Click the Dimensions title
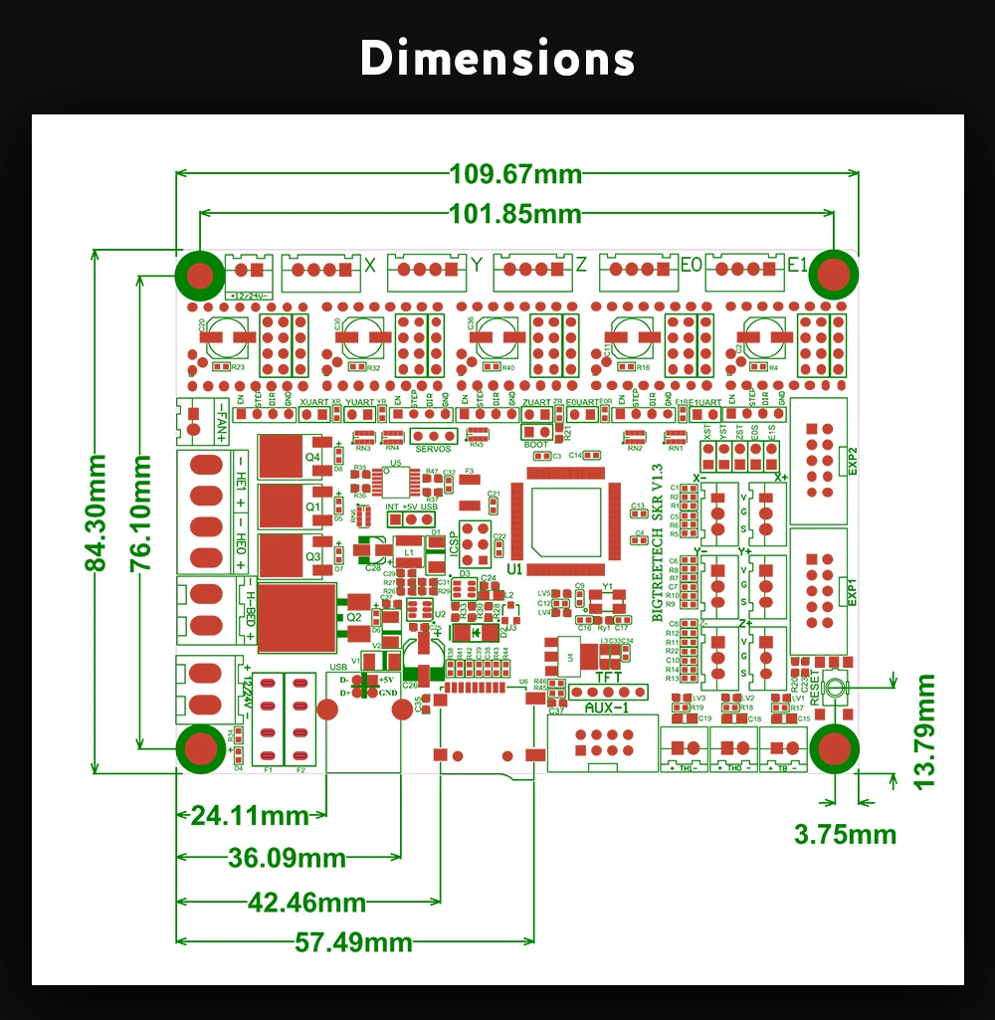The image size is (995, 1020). pyautogui.click(x=497, y=60)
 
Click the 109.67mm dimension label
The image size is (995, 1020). pyautogui.click(x=515, y=173)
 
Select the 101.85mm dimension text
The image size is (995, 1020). pyautogui.click(x=515, y=213)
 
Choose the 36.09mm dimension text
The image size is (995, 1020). pyautogui.click(x=288, y=857)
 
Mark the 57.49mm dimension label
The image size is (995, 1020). pyautogui.click(x=353, y=941)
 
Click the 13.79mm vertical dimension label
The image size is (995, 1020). pyautogui.click(x=925, y=731)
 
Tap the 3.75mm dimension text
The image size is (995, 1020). pyautogui.click(x=845, y=834)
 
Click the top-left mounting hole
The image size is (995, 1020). pyautogui.click(x=200, y=275)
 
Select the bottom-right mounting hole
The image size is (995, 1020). pyautogui.click(x=834, y=748)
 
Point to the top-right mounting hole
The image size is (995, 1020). pyautogui.click(x=834, y=275)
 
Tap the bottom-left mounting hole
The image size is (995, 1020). pyautogui.click(x=200, y=748)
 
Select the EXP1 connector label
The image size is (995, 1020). pyautogui.click(x=851, y=587)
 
